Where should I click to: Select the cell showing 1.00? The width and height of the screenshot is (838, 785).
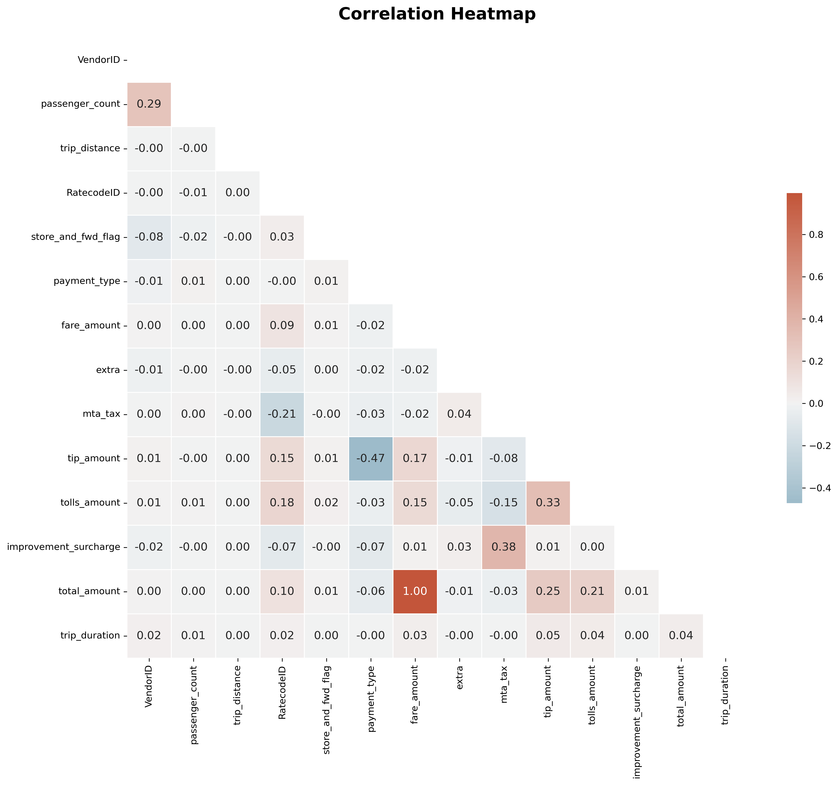tap(415, 591)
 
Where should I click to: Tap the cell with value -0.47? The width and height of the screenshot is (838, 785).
tap(371, 458)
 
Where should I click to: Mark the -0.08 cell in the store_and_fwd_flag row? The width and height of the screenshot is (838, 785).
tap(149, 237)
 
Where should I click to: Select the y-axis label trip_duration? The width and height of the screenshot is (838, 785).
tap(90, 635)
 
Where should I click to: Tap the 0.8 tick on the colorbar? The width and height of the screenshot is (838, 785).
tap(816, 235)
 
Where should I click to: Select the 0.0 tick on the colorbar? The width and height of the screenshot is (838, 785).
tap(816, 403)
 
